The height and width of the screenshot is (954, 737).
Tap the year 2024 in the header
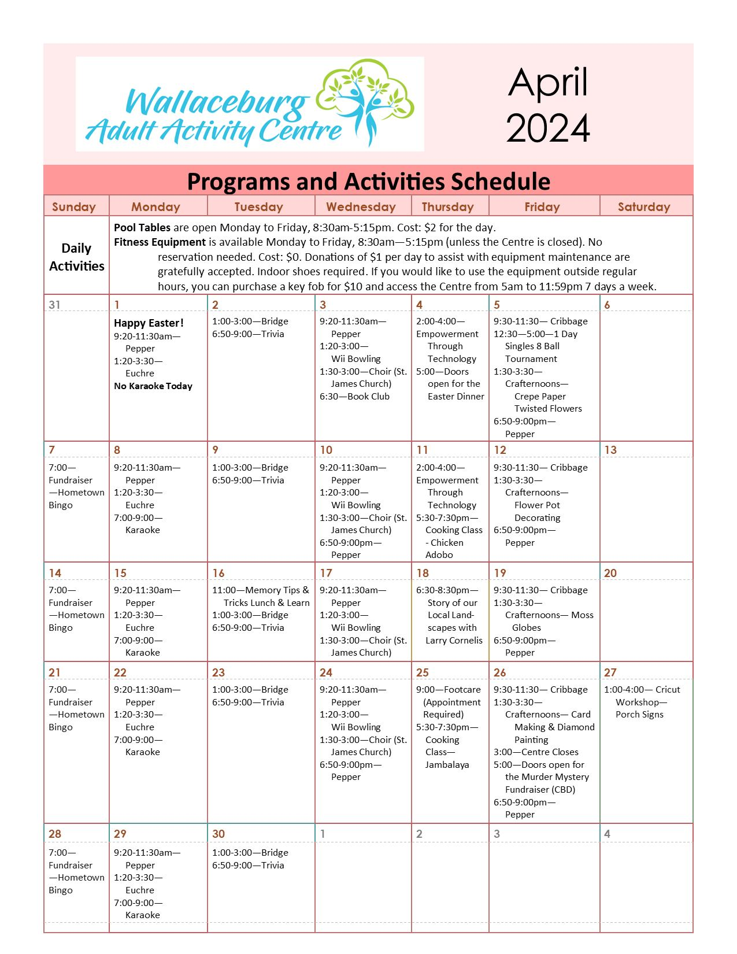click(x=547, y=128)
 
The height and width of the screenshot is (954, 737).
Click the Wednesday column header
click(x=361, y=207)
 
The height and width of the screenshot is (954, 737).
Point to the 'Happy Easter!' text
click(x=149, y=323)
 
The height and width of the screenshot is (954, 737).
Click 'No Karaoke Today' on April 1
click(x=153, y=386)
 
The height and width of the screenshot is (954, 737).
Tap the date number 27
click(x=610, y=672)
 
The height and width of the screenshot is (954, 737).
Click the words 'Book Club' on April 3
click(x=368, y=397)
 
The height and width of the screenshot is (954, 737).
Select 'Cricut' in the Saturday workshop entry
click(x=668, y=690)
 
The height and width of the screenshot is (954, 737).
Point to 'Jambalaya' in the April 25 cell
click(x=447, y=765)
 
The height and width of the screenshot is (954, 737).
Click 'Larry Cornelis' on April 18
click(x=454, y=641)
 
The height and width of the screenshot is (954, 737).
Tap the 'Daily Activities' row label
click(x=76, y=257)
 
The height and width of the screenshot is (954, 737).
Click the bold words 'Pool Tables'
click(x=142, y=228)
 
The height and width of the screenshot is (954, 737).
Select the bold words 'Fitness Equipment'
click(x=160, y=242)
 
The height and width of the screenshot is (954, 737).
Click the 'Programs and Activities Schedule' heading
click(x=368, y=182)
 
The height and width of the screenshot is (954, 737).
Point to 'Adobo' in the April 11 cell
click(x=439, y=555)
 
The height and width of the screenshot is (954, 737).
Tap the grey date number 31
click(x=54, y=305)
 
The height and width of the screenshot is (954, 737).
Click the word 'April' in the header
click(x=547, y=82)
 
